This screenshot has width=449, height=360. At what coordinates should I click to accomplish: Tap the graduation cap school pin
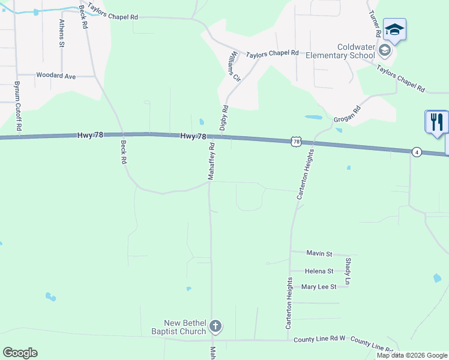394,29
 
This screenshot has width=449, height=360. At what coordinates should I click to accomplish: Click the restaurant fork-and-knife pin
436,122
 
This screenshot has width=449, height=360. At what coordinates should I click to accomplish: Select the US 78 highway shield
295,142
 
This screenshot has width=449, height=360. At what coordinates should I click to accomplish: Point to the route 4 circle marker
417,152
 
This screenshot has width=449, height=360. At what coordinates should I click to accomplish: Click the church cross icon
215,326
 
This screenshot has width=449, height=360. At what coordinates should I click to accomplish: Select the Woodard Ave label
56,76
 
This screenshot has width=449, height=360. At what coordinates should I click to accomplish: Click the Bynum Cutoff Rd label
18,106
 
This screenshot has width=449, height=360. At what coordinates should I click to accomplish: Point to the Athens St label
62,32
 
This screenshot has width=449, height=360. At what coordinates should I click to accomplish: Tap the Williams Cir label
233,66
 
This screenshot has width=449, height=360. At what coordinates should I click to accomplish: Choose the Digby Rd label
224,118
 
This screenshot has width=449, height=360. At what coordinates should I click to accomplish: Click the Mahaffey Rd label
211,161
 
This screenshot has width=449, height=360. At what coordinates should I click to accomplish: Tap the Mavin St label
319,254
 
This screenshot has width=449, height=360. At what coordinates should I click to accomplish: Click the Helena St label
319,271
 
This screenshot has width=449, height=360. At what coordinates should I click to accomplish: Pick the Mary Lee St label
319,287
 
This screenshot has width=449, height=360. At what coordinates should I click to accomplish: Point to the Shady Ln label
348,271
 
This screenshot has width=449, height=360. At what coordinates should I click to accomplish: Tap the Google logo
20,353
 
